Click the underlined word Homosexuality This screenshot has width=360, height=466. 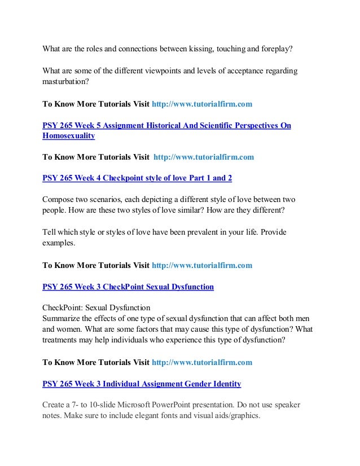(x=69, y=136)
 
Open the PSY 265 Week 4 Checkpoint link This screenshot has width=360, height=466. (x=137, y=178)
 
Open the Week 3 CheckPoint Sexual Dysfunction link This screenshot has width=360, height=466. (x=128, y=287)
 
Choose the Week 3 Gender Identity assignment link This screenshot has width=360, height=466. (x=142, y=384)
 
